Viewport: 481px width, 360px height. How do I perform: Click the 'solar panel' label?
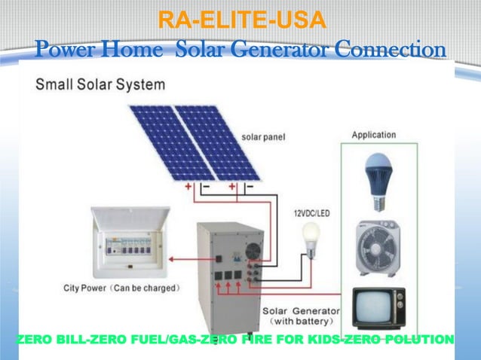[263, 137]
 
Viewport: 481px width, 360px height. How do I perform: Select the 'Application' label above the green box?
[374, 135]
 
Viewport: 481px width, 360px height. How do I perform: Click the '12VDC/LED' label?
[311, 213]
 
